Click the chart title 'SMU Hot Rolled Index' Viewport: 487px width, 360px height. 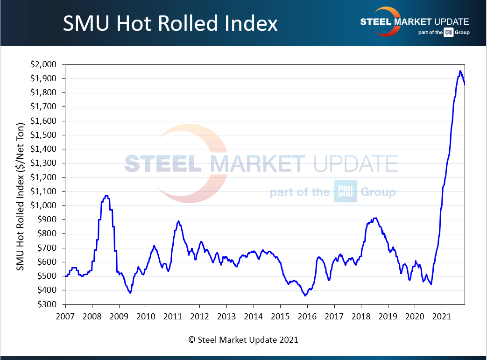click(170, 23)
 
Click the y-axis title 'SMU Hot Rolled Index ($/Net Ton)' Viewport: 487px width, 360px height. click(21, 184)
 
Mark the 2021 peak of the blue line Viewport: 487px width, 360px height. click(460, 71)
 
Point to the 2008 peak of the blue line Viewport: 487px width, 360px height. click(106, 196)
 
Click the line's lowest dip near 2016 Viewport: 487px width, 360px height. click(305, 296)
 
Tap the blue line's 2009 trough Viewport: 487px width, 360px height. click(130, 293)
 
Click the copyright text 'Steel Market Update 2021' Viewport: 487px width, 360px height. click(243, 340)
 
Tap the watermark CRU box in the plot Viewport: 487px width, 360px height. click(346, 191)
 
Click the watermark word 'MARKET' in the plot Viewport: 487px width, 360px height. click(257, 163)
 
